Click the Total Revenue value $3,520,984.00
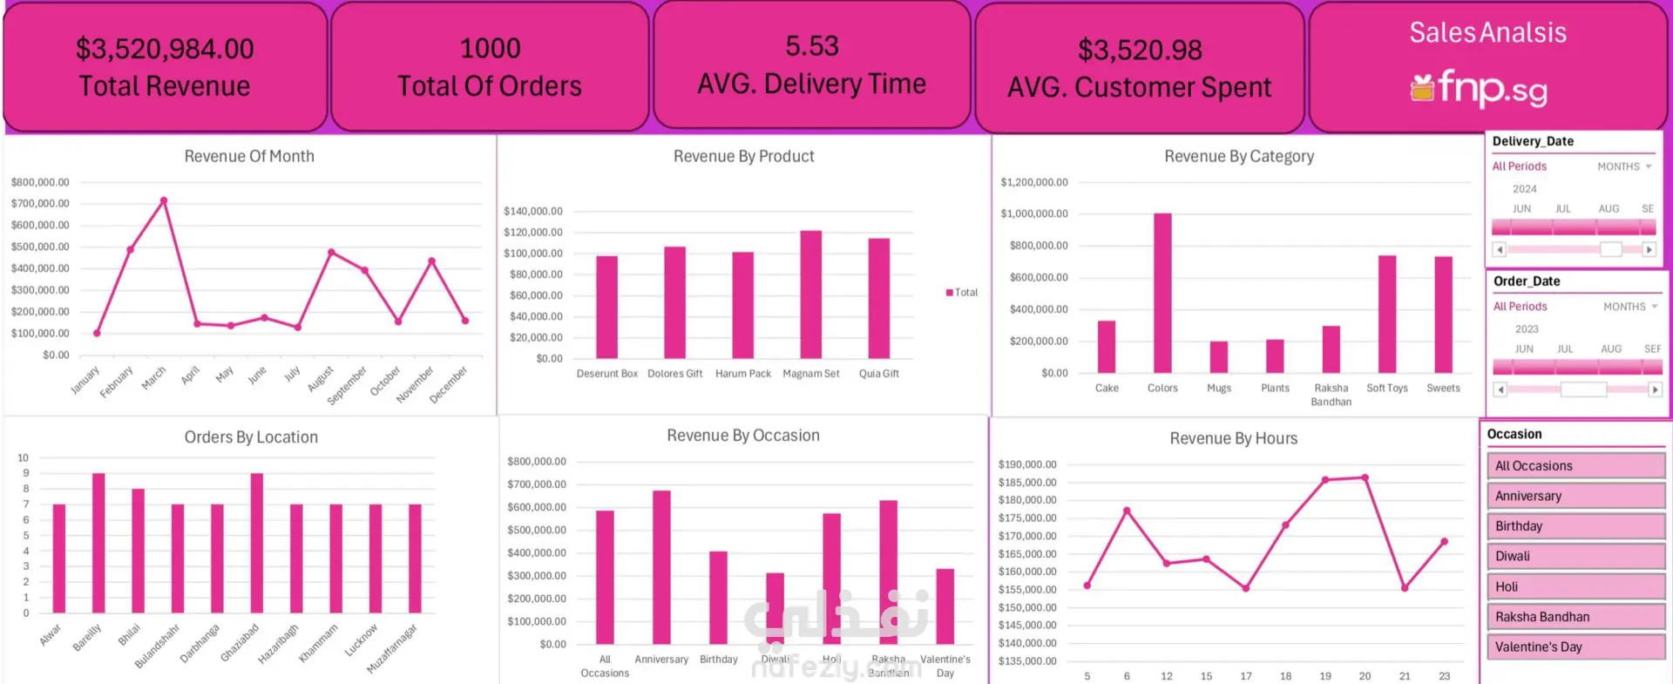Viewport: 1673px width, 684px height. point(165,49)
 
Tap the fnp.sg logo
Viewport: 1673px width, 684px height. point(1480,88)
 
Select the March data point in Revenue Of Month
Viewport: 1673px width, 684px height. point(164,201)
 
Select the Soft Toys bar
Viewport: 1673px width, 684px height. point(1386,314)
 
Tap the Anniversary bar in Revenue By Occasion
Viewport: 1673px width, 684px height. point(661,566)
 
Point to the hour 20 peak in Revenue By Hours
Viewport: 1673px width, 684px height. point(1365,477)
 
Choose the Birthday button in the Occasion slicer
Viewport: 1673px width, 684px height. point(1575,526)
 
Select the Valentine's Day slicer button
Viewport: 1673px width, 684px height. point(1575,647)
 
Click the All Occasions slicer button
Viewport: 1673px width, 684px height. point(1575,466)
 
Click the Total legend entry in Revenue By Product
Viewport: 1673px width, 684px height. point(962,293)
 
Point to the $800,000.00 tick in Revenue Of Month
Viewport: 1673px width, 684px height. point(40,182)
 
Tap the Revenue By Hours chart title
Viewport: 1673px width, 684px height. point(1233,438)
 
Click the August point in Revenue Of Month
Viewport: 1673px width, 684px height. point(331,253)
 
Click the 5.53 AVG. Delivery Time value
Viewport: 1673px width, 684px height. point(811,46)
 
